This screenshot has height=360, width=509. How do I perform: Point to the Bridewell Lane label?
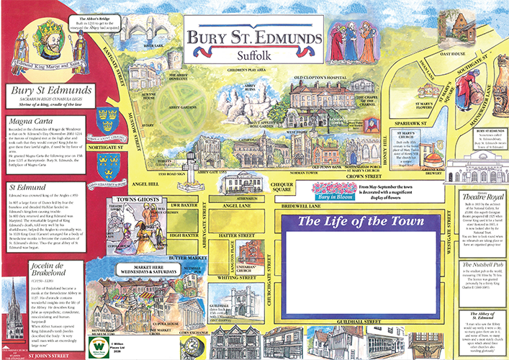point(315,204)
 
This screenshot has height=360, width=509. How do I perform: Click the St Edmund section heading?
point(22,186)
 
